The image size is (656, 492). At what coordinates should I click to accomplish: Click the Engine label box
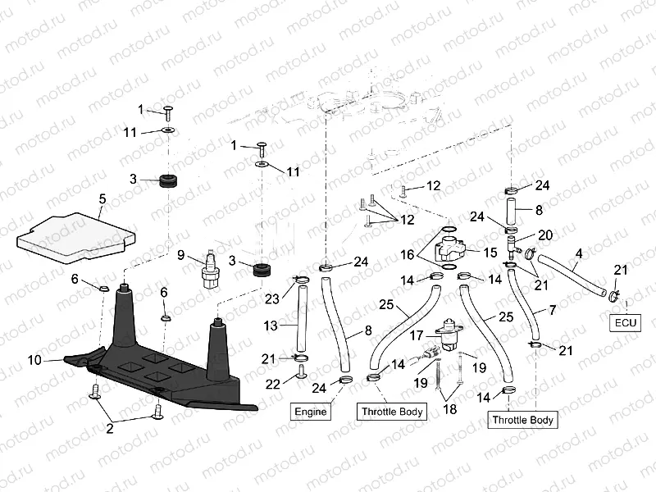[x=310, y=411]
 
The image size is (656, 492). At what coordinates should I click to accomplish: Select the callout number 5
[x=102, y=198]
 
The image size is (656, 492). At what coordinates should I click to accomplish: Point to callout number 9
[x=182, y=254]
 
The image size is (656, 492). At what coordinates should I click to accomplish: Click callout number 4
[x=579, y=254]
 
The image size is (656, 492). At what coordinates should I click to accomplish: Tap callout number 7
[x=552, y=312]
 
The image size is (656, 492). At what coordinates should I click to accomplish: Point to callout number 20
[x=545, y=235]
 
